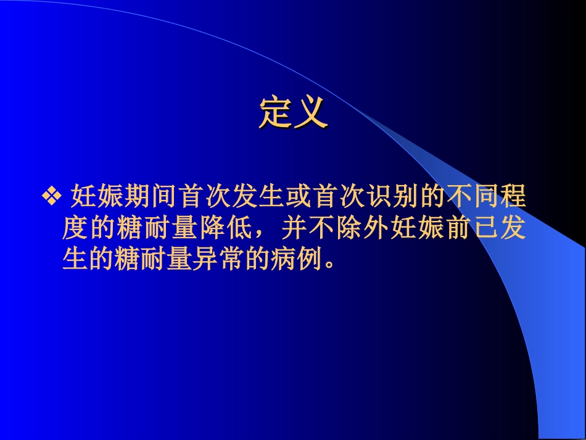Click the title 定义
coord(292,112)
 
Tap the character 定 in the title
coord(276,112)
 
